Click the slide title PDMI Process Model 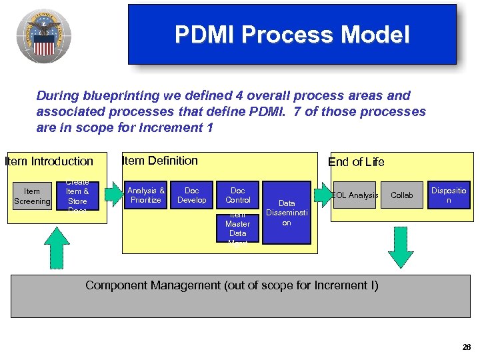pyautogui.click(x=292, y=35)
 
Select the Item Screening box pyautogui.click(x=32, y=197)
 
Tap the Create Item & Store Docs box pyautogui.click(x=77, y=196)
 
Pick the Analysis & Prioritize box pyautogui.click(x=145, y=195)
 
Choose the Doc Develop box pyautogui.click(x=191, y=195)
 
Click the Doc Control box pyautogui.click(x=238, y=195)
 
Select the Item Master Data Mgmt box pyautogui.click(x=237, y=229)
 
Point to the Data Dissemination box pyautogui.click(x=287, y=213)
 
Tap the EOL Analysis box pyautogui.click(x=355, y=195)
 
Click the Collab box pyautogui.click(x=401, y=195)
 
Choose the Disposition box pyautogui.click(x=448, y=195)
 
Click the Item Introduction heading pyautogui.click(x=49, y=161)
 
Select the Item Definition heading pyautogui.click(x=160, y=160)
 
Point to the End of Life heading pyautogui.click(x=356, y=161)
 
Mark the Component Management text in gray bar pyautogui.click(x=231, y=285)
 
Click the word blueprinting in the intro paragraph pyautogui.click(x=109, y=96)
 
